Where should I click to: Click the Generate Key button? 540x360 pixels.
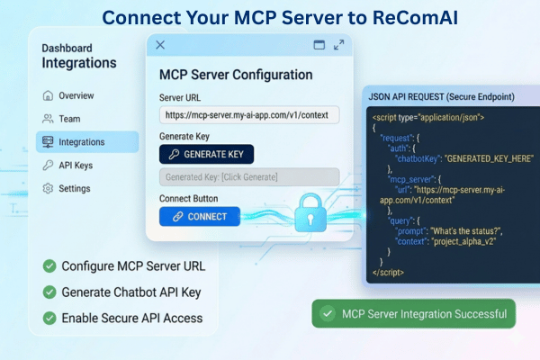(206, 154)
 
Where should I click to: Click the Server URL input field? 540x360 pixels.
(249, 115)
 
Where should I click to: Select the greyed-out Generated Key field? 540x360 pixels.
(249, 177)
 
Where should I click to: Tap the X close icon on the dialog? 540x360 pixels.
(160, 45)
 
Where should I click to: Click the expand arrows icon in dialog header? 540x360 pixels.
(339, 45)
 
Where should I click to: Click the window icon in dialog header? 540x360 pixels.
(319, 45)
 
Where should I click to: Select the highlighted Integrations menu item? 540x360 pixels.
(87, 141)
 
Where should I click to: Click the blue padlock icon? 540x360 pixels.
(310, 212)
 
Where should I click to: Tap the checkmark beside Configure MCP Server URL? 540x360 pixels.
(49, 266)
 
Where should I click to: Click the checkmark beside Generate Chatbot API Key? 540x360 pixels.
(49, 292)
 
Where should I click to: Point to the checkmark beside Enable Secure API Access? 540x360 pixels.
(49, 318)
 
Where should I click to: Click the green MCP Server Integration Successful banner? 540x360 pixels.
(414, 313)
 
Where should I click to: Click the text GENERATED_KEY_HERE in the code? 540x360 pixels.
(490, 158)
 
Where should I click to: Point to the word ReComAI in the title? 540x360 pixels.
(415, 18)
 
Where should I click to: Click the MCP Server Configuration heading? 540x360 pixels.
(236, 75)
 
